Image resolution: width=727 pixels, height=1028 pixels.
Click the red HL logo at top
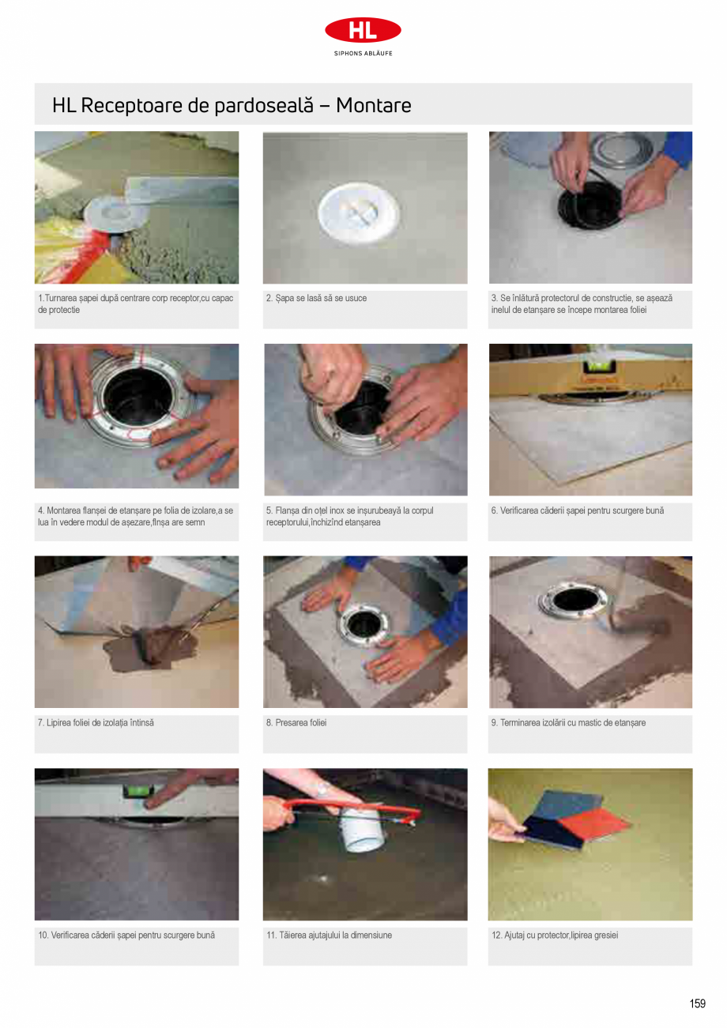click(363, 31)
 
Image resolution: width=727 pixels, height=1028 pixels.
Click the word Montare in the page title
click(373, 106)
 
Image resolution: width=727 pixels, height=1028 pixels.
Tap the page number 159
click(696, 1004)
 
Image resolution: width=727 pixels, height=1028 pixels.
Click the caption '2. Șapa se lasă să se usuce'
click(316, 299)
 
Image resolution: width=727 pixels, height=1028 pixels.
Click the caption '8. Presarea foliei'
click(296, 723)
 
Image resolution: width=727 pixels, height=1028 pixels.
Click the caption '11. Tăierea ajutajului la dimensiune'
click(329, 936)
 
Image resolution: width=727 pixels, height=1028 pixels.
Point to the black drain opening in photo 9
click(576, 601)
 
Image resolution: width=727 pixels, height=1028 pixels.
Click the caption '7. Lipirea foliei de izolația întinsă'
click(95, 723)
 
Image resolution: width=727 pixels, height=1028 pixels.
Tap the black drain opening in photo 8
click(365, 623)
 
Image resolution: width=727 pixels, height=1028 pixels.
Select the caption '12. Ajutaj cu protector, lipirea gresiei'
click(554, 936)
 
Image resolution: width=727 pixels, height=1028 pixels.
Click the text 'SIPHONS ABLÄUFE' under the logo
click(363, 54)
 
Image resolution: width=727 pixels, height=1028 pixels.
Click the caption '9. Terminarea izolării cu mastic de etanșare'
click(567, 723)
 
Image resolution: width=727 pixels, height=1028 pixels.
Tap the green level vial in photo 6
click(594, 366)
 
